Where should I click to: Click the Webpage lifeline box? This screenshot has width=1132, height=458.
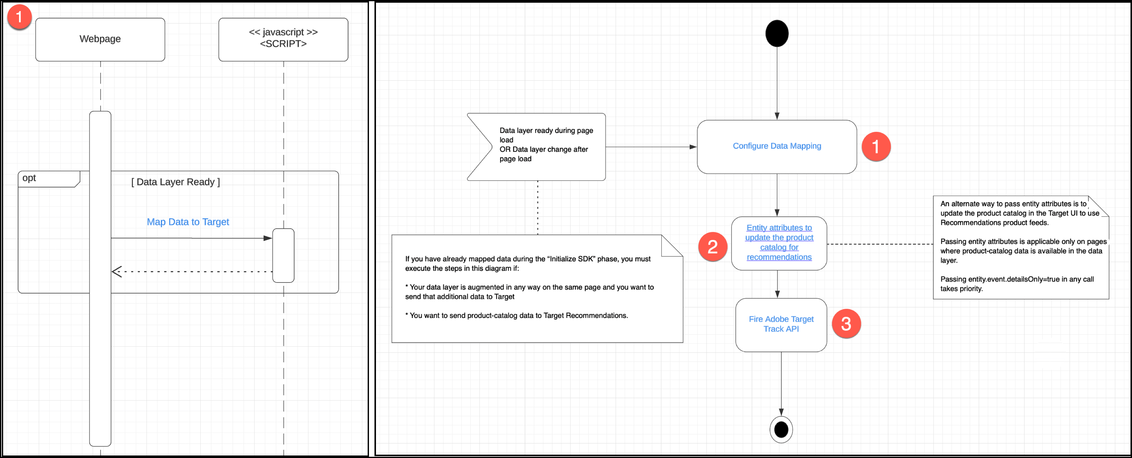tap(100, 39)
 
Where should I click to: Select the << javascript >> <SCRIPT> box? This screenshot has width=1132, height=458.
tap(283, 39)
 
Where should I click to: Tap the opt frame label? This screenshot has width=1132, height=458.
tap(29, 178)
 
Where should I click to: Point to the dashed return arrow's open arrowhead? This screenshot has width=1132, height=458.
tap(116, 272)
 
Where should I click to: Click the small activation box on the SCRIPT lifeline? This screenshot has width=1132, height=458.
tap(283, 255)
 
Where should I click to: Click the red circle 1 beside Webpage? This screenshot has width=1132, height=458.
tap(19, 17)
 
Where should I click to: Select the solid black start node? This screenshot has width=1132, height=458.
tap(776, 33)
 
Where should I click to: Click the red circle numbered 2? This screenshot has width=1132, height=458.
tap(712, 247)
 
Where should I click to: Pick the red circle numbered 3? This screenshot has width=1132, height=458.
tap(846, 324)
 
